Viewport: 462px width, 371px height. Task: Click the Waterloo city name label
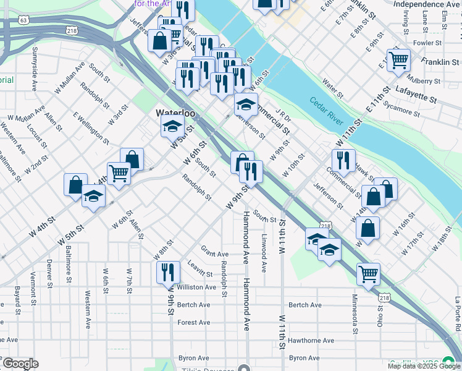coord(175,114)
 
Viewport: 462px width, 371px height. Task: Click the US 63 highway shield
coord(23,20)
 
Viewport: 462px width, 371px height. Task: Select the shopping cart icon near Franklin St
coord(399,61)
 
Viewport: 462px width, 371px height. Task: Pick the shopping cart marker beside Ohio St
coord(368,273)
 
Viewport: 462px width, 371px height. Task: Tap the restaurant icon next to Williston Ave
coord(168,271)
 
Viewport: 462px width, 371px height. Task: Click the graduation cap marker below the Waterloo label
coord(172,128)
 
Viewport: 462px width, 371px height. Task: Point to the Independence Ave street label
coord(426,4)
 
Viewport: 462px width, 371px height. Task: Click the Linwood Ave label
coord(264,253)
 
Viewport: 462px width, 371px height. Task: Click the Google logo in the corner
coord(20,364)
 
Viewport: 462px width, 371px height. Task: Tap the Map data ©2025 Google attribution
coord(424,366)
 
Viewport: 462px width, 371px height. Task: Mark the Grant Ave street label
coord(214,252)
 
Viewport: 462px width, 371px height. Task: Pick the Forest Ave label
coord(193,323)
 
